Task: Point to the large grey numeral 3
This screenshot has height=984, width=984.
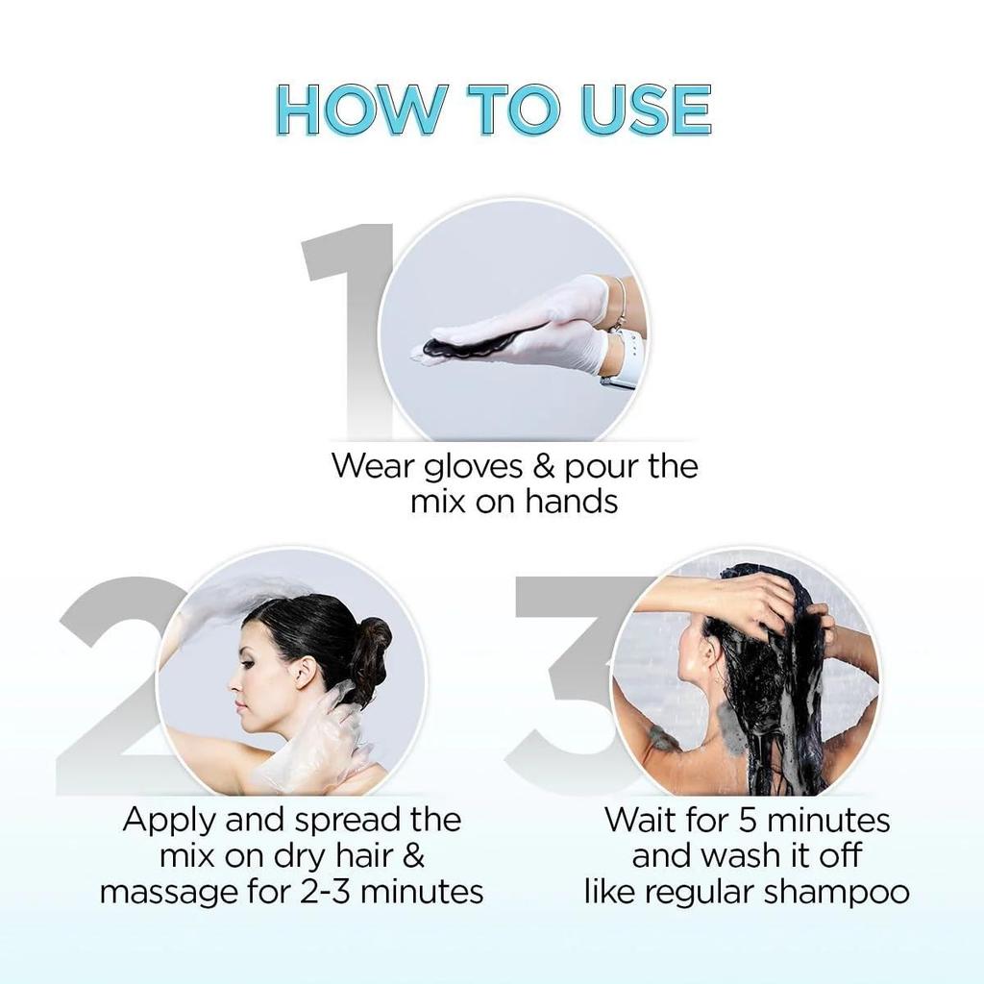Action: (567, 673)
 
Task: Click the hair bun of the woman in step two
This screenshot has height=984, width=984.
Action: (371, 644)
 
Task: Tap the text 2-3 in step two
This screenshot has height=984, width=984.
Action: (316, 891)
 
